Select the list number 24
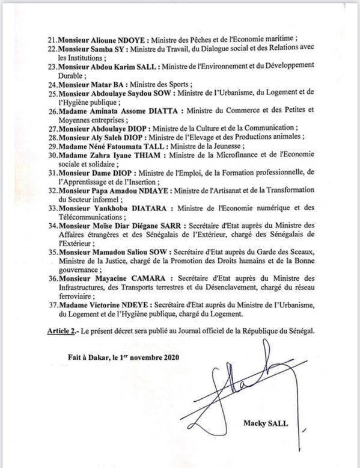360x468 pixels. [53, 85]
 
